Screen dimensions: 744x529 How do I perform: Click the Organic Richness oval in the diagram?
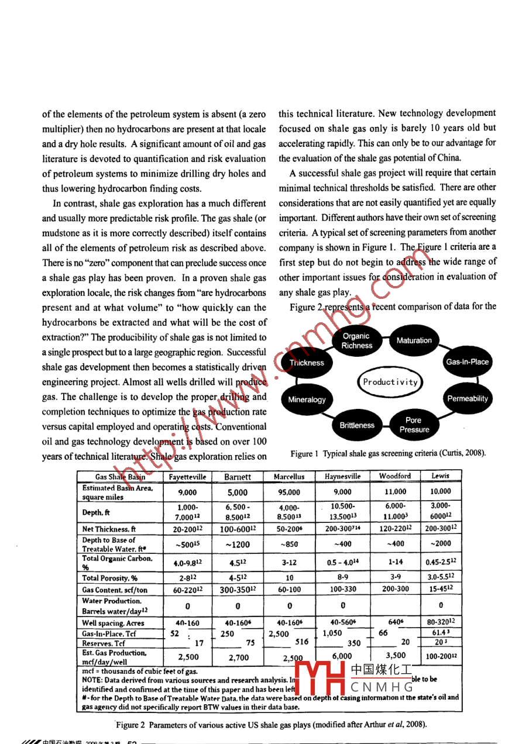(356, 340)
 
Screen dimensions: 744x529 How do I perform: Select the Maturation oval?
(414, 340)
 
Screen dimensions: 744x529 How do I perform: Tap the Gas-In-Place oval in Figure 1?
(466, 362)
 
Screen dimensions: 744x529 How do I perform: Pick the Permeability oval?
(467, 399)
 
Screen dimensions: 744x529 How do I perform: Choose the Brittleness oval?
(357, 425)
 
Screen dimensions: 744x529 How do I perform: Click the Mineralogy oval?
(307, 400)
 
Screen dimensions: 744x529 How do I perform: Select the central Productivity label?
(390, 382)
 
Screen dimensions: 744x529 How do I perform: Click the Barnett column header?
(238, 477)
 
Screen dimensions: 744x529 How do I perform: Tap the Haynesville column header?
(342, 477)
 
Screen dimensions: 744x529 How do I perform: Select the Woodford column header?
(395, 476)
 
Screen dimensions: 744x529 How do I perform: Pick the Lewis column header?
(441, 476)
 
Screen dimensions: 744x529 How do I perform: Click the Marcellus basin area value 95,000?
(289, 492)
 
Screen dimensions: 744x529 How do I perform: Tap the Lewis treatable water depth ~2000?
(441, 544)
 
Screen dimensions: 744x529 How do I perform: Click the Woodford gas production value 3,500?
(396, 656)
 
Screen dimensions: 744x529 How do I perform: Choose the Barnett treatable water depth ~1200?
(238, 544)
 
